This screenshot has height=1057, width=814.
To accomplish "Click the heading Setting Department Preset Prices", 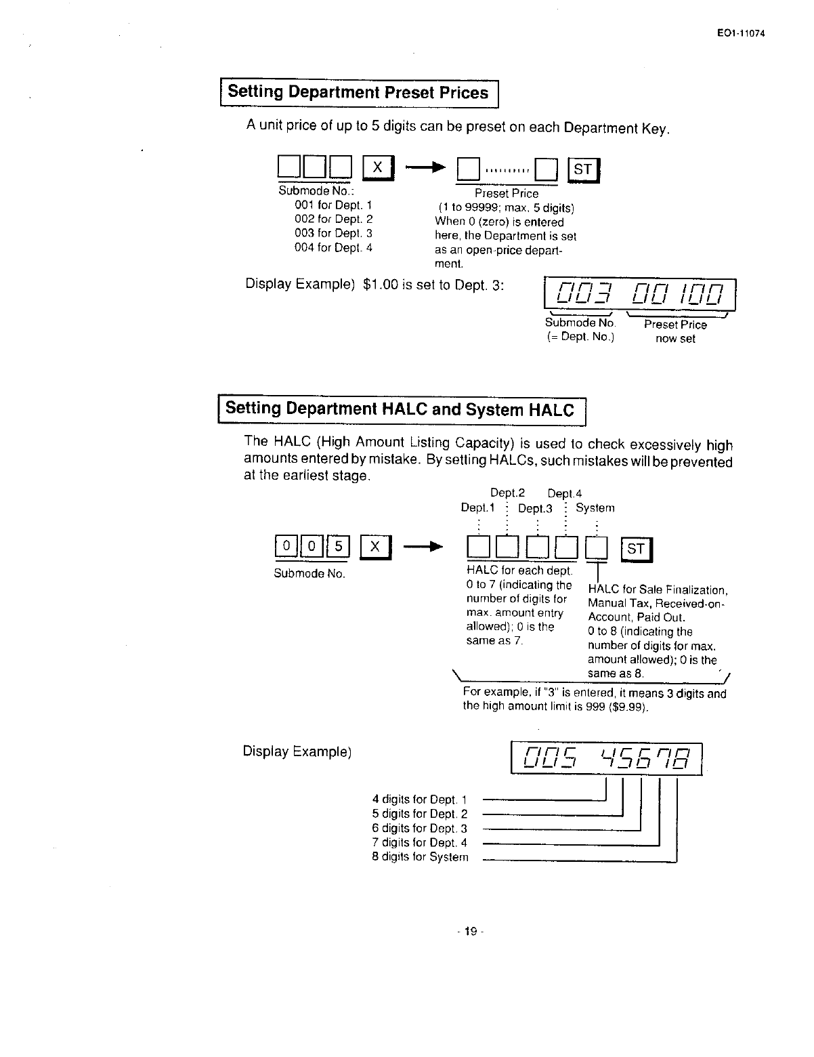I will coord(358,93).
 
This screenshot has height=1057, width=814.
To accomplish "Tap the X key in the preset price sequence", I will coord(379,167).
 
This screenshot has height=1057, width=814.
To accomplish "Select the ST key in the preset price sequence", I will coord(583,170).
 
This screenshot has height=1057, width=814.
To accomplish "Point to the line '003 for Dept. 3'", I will coord(333,234).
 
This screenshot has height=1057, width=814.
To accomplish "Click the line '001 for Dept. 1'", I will coord(333,205).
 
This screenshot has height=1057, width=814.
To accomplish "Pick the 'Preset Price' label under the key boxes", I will coord(506,194).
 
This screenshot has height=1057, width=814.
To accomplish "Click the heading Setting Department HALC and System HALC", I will coord(400,410).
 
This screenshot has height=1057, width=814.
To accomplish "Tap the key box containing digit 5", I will coord(339,546).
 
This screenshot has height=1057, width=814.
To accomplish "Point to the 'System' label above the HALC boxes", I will coord(595,508).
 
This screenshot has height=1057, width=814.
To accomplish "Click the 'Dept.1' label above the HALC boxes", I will coord(477,508).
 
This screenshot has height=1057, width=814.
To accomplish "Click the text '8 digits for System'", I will coord(420,857).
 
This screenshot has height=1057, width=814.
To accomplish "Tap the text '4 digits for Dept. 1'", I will coord(419,800).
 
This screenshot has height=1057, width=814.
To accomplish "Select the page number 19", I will coord(467,932).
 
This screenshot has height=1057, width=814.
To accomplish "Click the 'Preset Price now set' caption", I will coord(675,332).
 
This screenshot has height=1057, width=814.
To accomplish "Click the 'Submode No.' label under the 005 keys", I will coord(309,574).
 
